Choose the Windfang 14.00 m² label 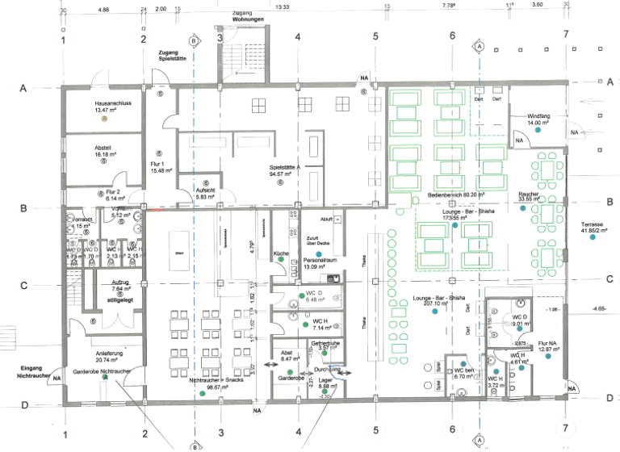click(538, 119)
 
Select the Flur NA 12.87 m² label click(549, 348)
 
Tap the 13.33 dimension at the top click(282, 6)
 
